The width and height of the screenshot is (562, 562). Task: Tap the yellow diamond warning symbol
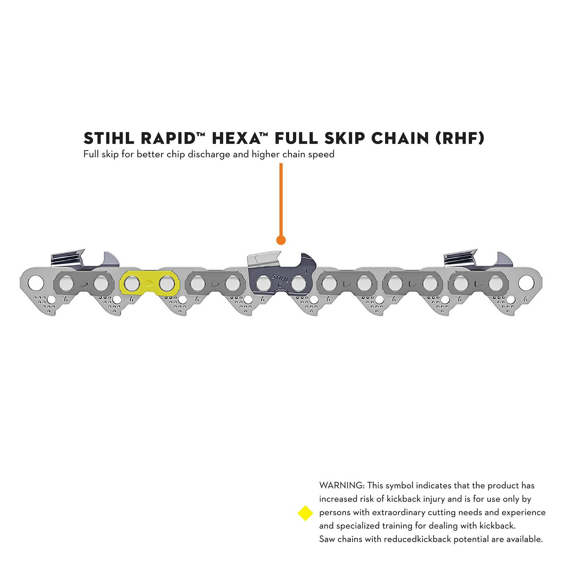(x=305, y=513)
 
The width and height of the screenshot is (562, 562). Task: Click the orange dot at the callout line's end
(x=281, y=240)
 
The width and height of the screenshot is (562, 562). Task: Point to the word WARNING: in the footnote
(x=341, y=485)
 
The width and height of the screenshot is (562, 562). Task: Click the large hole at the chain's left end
(x=35, y=282)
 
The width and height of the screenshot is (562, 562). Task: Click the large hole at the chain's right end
(x=526, y=283)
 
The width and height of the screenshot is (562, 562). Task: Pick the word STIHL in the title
(x=109, y=138)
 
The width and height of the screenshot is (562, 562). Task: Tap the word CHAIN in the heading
(x=400, y=138)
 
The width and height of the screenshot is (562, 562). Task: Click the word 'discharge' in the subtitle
(x=209, y=154)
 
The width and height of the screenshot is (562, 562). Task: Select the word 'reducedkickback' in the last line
(x=417, y=539)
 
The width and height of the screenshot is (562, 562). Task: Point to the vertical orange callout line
(x=281, y=199)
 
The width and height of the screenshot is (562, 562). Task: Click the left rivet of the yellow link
(x=132, y=284)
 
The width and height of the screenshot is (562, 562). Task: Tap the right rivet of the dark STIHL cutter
(x=299, y=284)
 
